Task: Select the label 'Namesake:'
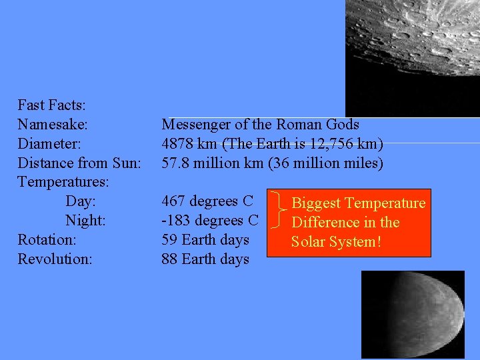pos(53,125)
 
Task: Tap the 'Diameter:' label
pos(49,144)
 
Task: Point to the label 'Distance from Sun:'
pos(79,163)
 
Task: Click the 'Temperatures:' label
pos(63,182)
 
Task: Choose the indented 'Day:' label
pos(81,201)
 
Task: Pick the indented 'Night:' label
pos(86,221)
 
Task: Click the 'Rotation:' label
pos(47,239)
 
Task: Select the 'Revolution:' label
pos(55,259)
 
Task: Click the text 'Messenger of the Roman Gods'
pos(260,125)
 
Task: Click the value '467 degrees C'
pos(207,201)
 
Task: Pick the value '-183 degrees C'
pos(209,221)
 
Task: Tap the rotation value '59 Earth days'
pos(205,239)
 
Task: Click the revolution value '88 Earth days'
pos(205,259)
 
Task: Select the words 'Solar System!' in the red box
pos(336,241)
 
